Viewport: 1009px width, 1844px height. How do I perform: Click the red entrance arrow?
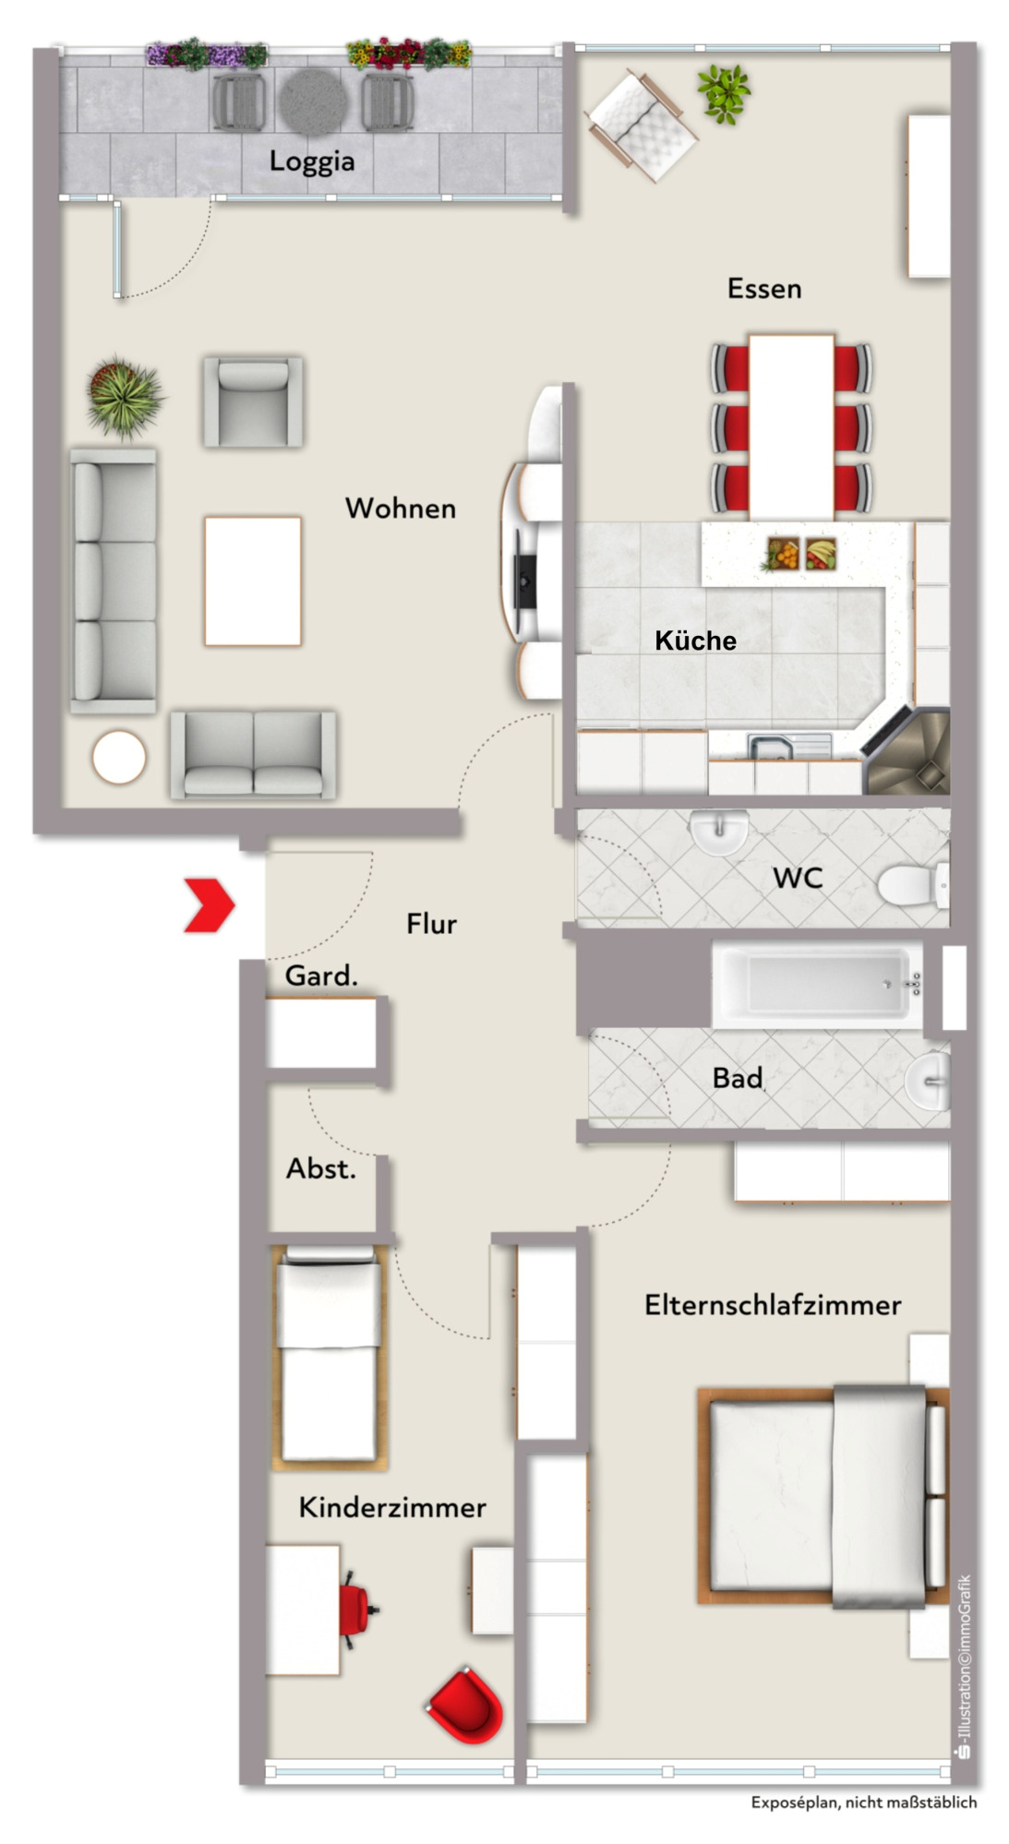[210, 905]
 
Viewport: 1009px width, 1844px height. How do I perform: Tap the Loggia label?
[312, 162]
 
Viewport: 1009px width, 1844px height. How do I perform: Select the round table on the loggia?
[314, 101]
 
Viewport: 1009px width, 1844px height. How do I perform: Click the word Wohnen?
[401, 508]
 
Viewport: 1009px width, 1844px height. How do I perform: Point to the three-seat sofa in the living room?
[114, 581]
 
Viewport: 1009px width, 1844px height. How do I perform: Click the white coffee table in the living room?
[253, 581]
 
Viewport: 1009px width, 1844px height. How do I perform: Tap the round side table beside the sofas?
[119, 758]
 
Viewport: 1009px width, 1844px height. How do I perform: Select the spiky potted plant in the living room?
[125, 396]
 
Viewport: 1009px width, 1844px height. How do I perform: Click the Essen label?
[764, 289]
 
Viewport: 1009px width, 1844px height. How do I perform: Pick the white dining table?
[791, 426]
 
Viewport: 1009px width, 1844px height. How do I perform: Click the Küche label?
[696, 641]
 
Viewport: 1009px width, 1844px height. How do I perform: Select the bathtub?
[817, 985]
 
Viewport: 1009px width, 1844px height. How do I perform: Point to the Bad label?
[738, 1078]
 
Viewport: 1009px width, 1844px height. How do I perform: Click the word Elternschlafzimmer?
[773, 1305]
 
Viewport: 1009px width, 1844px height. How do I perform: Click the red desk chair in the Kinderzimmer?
[357, 1610]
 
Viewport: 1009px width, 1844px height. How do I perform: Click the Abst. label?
[320, 1168]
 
